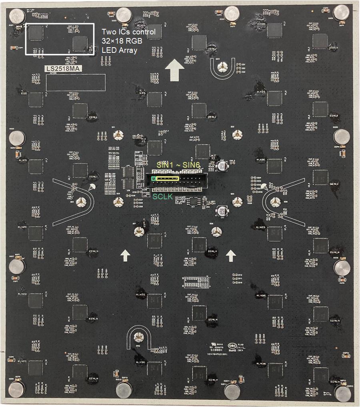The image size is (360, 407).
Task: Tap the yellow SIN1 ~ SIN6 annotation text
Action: coord(178,165)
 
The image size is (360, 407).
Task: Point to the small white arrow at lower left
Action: coord(125,255)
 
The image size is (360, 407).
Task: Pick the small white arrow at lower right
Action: coord(231,255)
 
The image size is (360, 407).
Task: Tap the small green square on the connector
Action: coord(153,178)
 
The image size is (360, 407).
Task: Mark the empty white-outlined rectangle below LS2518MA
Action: coord(76,82)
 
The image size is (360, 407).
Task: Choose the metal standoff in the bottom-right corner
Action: coord(342,393)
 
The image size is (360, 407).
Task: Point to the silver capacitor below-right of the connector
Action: coord(221,211)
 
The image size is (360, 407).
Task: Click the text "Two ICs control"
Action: coord(128,32)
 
